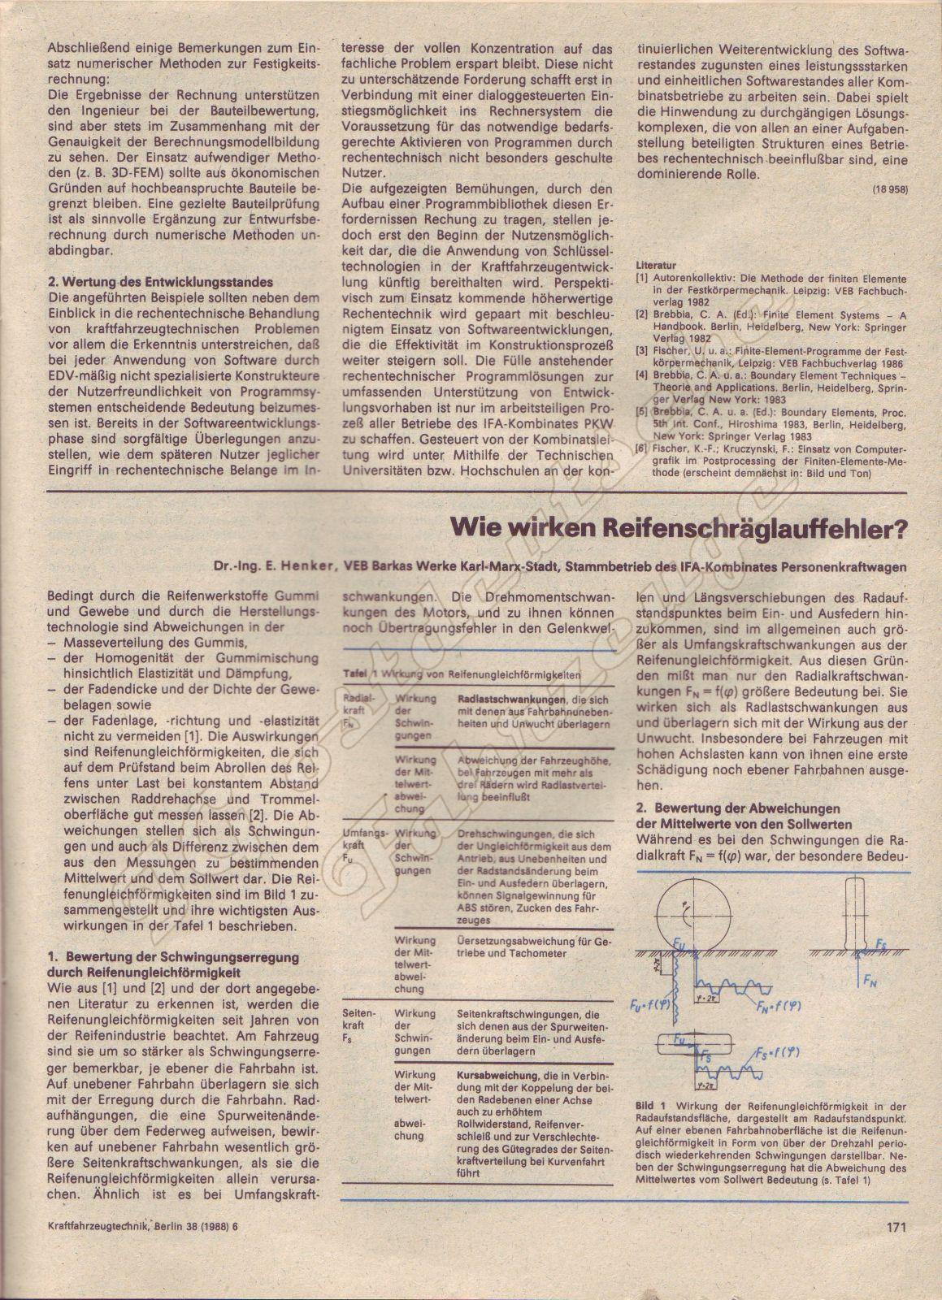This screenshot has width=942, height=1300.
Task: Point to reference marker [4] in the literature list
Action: pos(642,376)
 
